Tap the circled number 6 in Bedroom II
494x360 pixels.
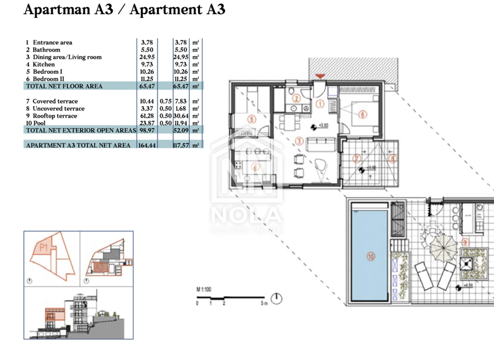363,115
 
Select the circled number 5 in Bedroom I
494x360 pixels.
251,119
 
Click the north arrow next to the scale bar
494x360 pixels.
276,299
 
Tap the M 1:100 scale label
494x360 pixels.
205,290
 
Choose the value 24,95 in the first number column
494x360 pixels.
147,57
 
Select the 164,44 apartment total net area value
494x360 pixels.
148,145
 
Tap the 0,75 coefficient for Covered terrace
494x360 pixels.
165,102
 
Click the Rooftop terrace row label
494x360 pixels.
55,116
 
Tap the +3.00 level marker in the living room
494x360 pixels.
323,127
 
